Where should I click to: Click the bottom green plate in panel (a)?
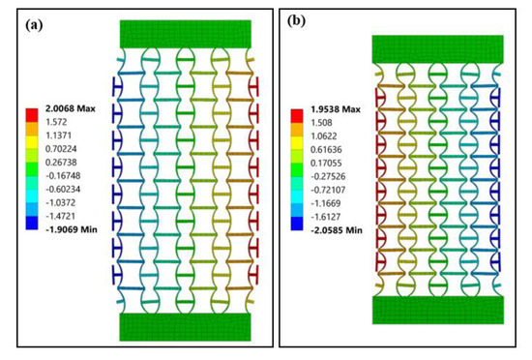pos(186,327)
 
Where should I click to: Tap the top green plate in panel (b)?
pos(438,48)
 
